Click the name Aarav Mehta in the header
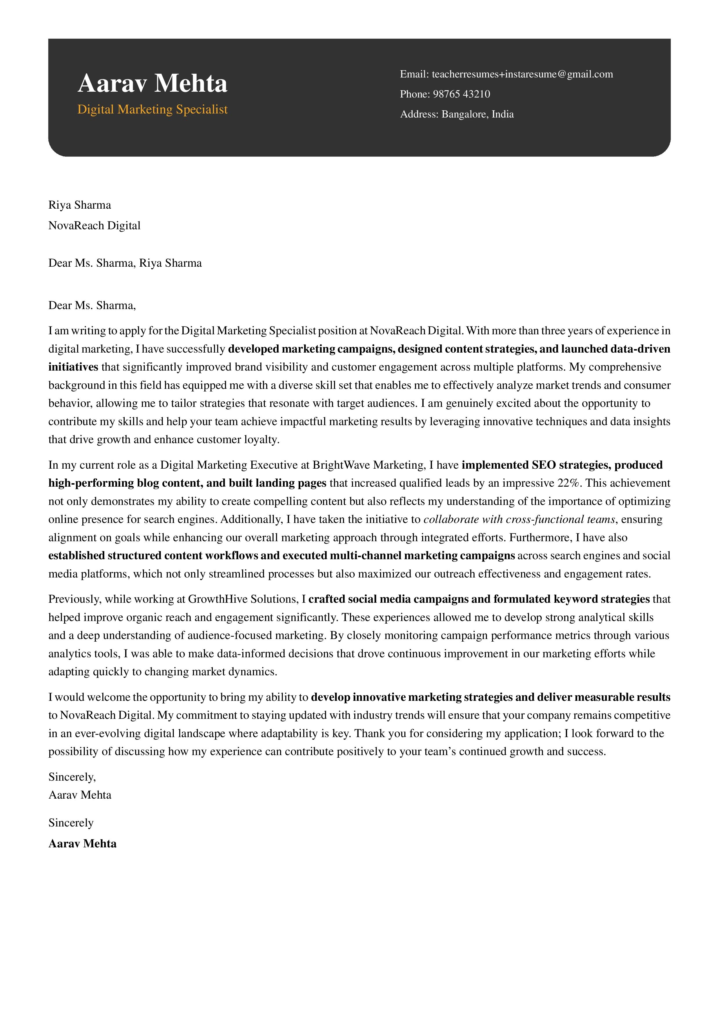[152, 83]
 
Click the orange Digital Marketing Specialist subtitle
[152, 109]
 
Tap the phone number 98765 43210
[461, 94]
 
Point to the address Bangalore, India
[477, 114]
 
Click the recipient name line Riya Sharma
[80, 205]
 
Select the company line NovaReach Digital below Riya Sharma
[94, 226]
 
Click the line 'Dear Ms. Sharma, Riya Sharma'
[125, 263]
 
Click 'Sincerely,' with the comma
[72, 777]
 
